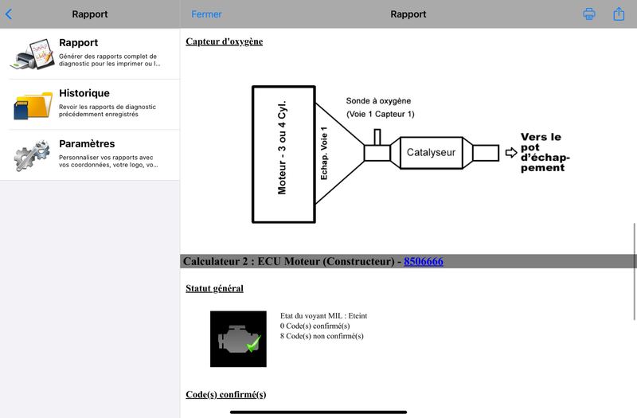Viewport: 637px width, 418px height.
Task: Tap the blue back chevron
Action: (x=9, y=14)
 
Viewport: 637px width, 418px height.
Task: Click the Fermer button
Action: (x=206, y=14)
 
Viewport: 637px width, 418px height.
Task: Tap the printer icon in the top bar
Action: (x=589, y=14)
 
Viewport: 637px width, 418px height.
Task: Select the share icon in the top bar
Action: (x=619, y=14)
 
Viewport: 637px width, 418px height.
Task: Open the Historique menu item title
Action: (x=84, y=93)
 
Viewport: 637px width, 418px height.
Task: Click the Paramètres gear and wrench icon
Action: (x=32, y=155)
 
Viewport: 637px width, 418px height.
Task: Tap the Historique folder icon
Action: (x=33, y=105)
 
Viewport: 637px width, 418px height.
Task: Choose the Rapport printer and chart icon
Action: (x=33, y=54)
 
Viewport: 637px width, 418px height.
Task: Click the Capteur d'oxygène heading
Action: (x=225, y=41)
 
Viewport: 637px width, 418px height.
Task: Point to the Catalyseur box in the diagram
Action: (x=431, y=153)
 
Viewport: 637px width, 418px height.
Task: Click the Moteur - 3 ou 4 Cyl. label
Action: (x=282, y=147)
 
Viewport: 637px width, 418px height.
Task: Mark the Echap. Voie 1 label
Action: (x=324, y=153)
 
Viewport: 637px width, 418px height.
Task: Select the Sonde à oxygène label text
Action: (x=378, y=101)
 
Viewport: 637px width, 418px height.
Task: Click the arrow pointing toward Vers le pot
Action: (x=511, y=153)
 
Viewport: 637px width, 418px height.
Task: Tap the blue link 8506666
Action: (x=424, y=261)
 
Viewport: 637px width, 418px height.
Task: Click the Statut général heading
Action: (x=214, y=288)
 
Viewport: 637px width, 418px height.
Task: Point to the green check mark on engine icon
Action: (x=253, y=344)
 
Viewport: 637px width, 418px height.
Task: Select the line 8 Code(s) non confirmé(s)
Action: (x=322, y=336)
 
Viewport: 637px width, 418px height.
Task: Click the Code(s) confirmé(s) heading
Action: (x=226, y=394)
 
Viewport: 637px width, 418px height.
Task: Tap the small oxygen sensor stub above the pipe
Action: (x=377, y=137)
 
